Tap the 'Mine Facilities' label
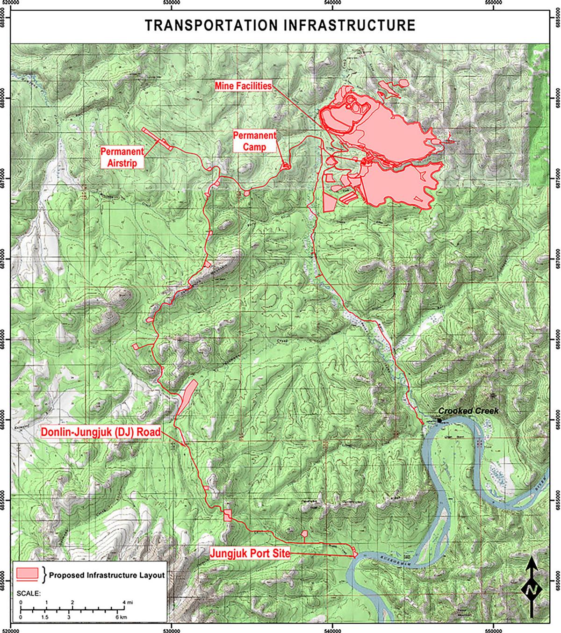243,86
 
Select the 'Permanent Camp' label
255,141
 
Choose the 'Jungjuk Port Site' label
250,554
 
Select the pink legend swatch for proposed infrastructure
27,574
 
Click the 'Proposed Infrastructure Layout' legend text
107,575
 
